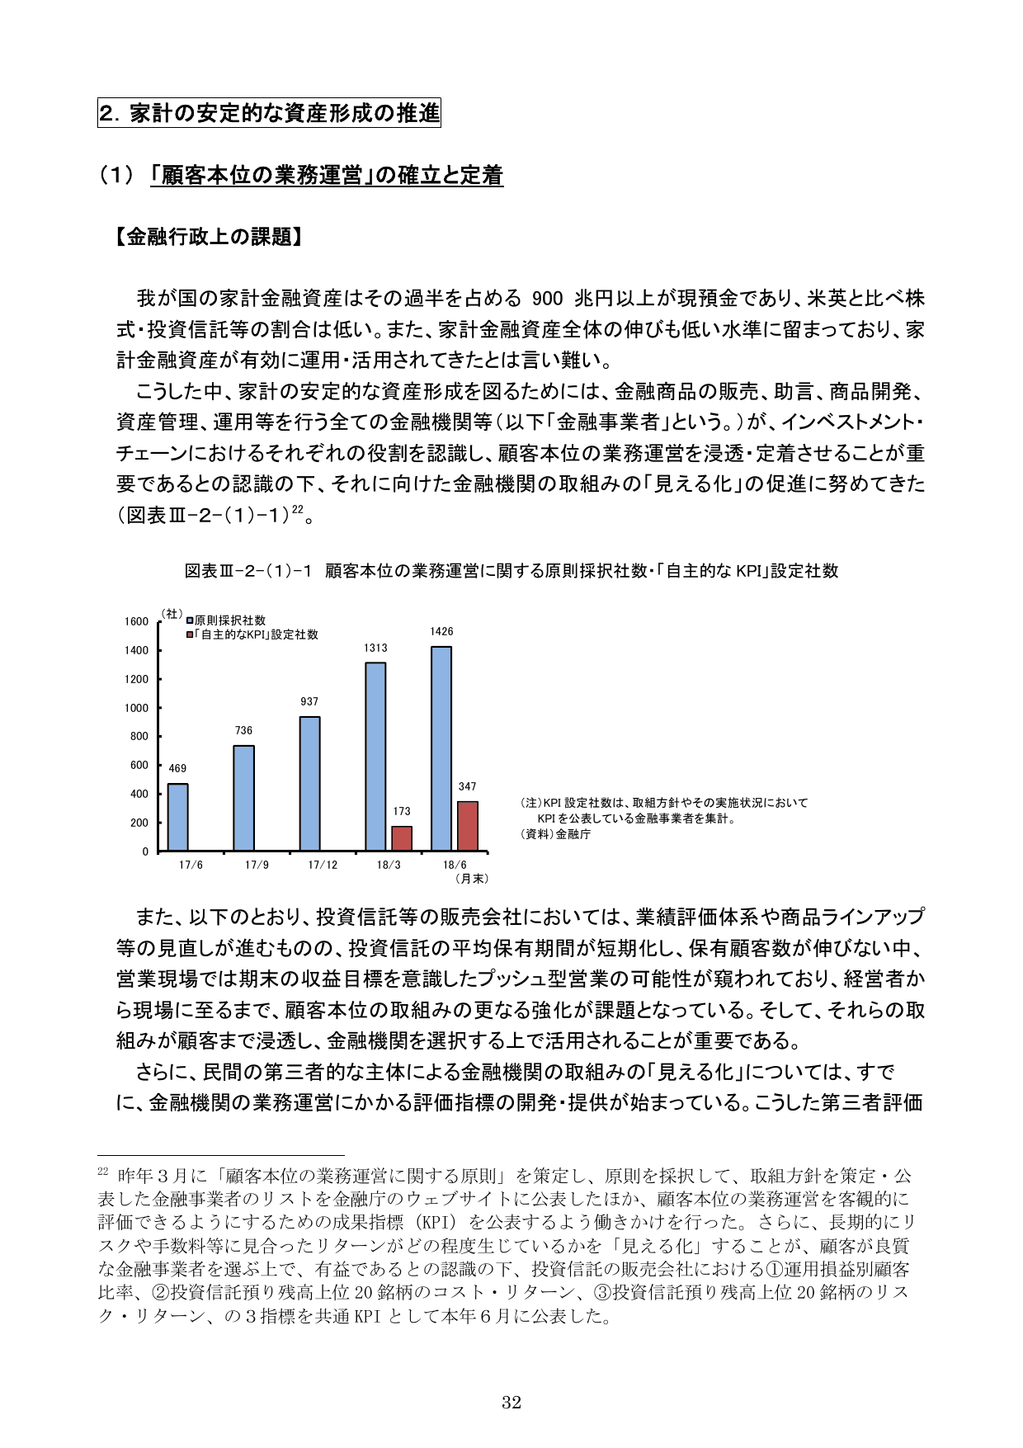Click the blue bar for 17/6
tap(177, 817)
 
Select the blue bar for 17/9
tap(243, 798)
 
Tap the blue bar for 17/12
tap(309, 784)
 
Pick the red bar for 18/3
tap(402, 838)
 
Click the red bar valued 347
tap(468, 826)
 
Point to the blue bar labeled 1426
tap(441, 748)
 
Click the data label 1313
tap(375, 649)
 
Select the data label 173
tap(402, 812)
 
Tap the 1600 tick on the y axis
tap(137, 622)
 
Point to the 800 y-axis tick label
tap(139, 737)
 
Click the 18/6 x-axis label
tap(455, 865)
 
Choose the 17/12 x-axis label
tap(323, 865)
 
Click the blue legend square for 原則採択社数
tap(190, 620)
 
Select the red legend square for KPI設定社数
tap(190, 634)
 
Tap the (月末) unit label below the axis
tap(472, 879)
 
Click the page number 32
tap(511, 1402)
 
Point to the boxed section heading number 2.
tap(106, 113)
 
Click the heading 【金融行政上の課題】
tap(206, 238)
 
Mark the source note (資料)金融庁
tap(555, 834)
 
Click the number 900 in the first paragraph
tap(548, 299)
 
